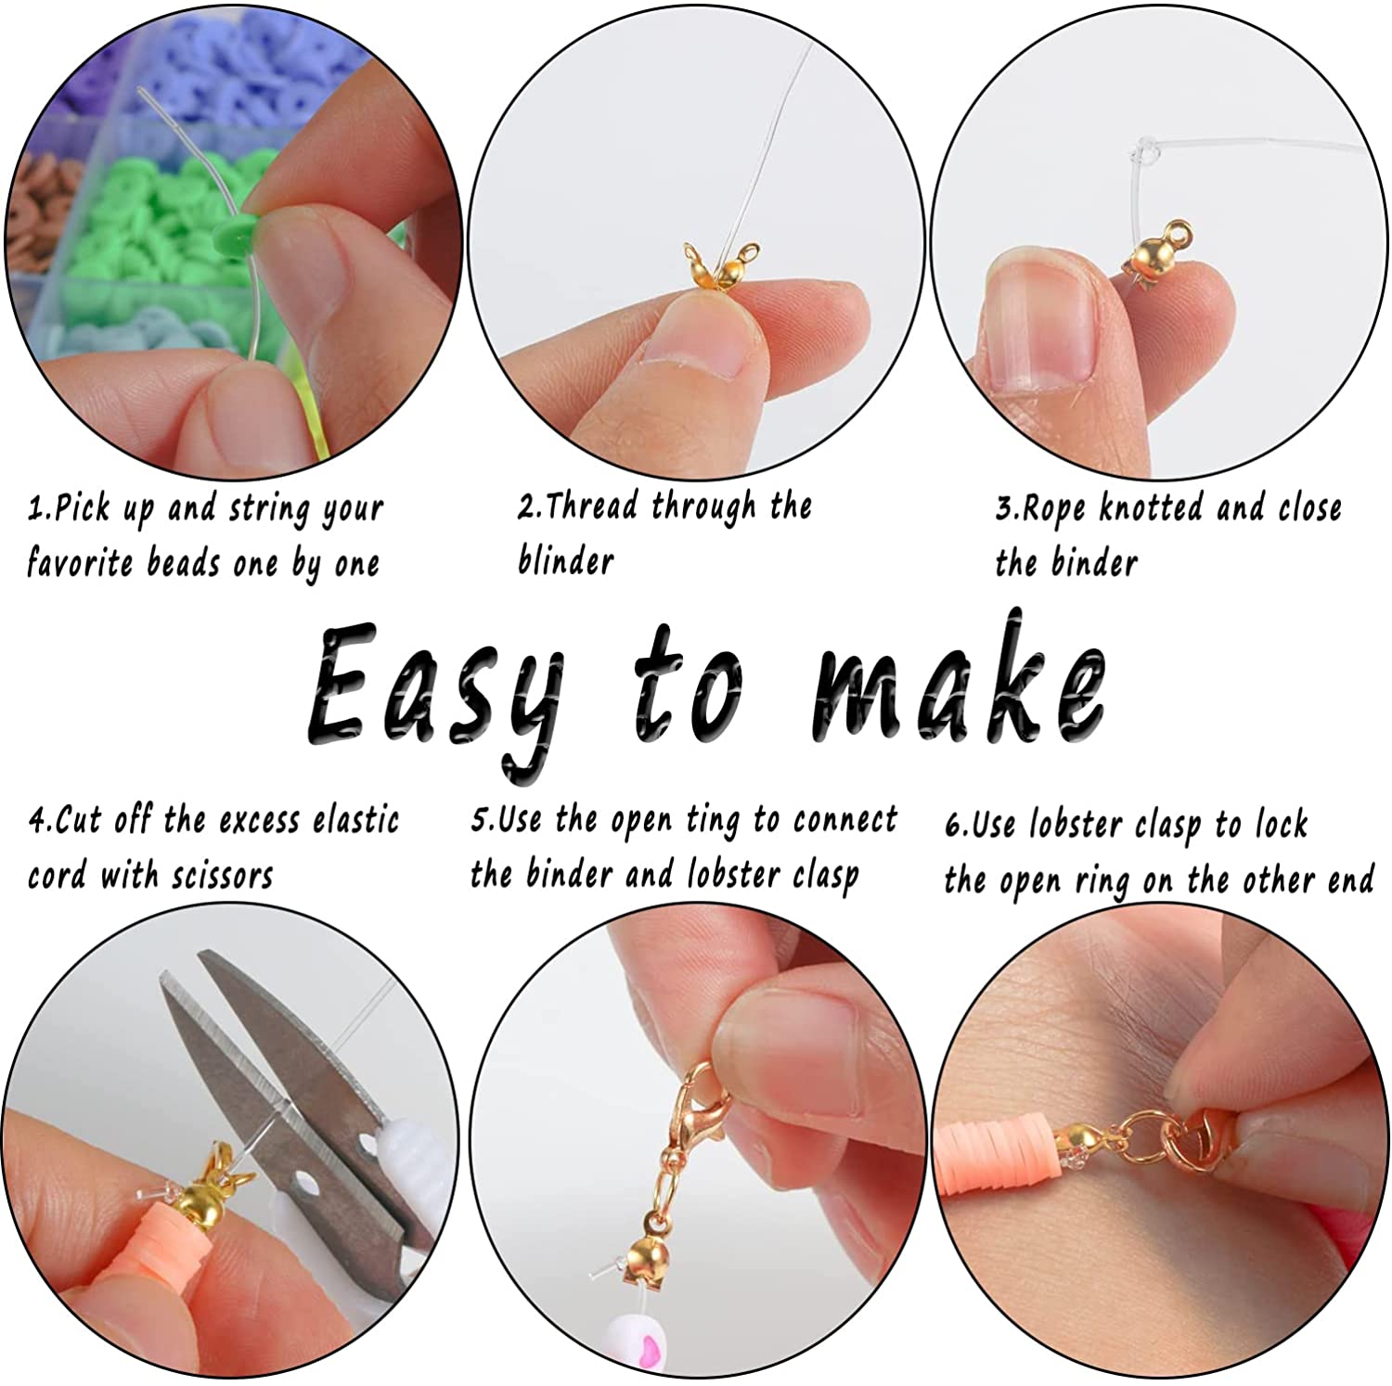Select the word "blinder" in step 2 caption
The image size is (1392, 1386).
click(565, 561)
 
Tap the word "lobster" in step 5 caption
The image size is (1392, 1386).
click(734, 873)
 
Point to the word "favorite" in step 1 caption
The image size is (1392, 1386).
click(80, 563)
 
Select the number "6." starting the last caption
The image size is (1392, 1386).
click(957, 825)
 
